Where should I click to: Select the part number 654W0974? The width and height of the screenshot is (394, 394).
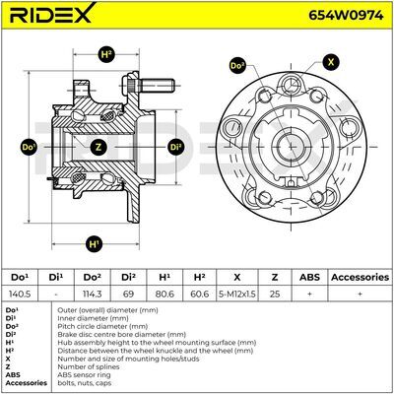point(346,15)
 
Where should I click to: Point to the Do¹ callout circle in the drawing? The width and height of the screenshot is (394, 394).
point(29,147)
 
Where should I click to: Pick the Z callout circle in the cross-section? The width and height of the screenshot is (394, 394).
point(98,147)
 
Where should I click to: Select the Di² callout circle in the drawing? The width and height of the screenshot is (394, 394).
point(175,147)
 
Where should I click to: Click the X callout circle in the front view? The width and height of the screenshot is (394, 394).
point(331,62)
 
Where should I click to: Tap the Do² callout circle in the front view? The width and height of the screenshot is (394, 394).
point(237,66)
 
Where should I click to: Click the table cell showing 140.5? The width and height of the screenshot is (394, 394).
point(20,294)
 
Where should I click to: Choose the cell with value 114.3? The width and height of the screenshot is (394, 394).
point(93,294)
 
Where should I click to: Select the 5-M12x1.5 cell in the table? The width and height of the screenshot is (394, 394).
point(237,294)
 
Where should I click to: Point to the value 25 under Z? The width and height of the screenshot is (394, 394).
point(275,294)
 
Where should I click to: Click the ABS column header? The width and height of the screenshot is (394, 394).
point(309,277)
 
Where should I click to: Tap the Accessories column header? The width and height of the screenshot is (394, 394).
point(360,277)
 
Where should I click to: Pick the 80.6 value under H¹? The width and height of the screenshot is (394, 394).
point(164,294)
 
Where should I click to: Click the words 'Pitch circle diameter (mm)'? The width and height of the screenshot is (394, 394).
point(102,326)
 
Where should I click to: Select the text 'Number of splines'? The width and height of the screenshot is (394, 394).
point(89,366)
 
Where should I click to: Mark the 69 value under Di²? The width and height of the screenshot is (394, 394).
point(128,294)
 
